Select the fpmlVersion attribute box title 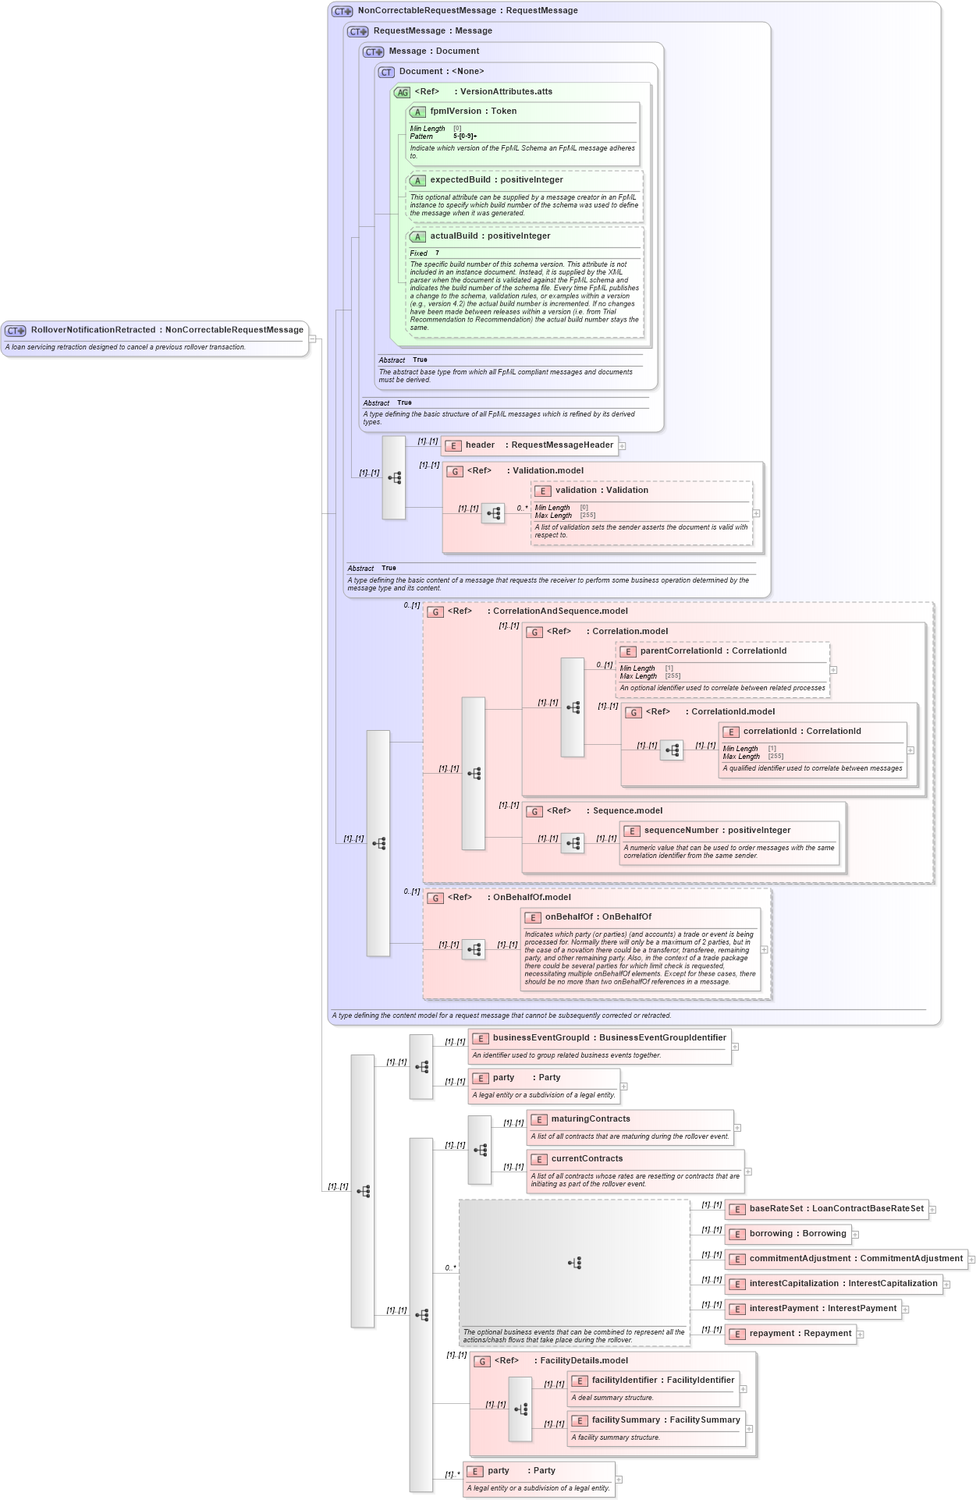coord(473,112)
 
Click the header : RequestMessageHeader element coord(538,445)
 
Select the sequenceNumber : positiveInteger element coord(716,831)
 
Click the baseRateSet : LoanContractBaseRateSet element coord(836,1209)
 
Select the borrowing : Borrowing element coord(797,1234)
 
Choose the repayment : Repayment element coord(800,1334)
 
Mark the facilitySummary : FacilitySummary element coord(665,1420)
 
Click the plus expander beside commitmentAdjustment coord(971,1260)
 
